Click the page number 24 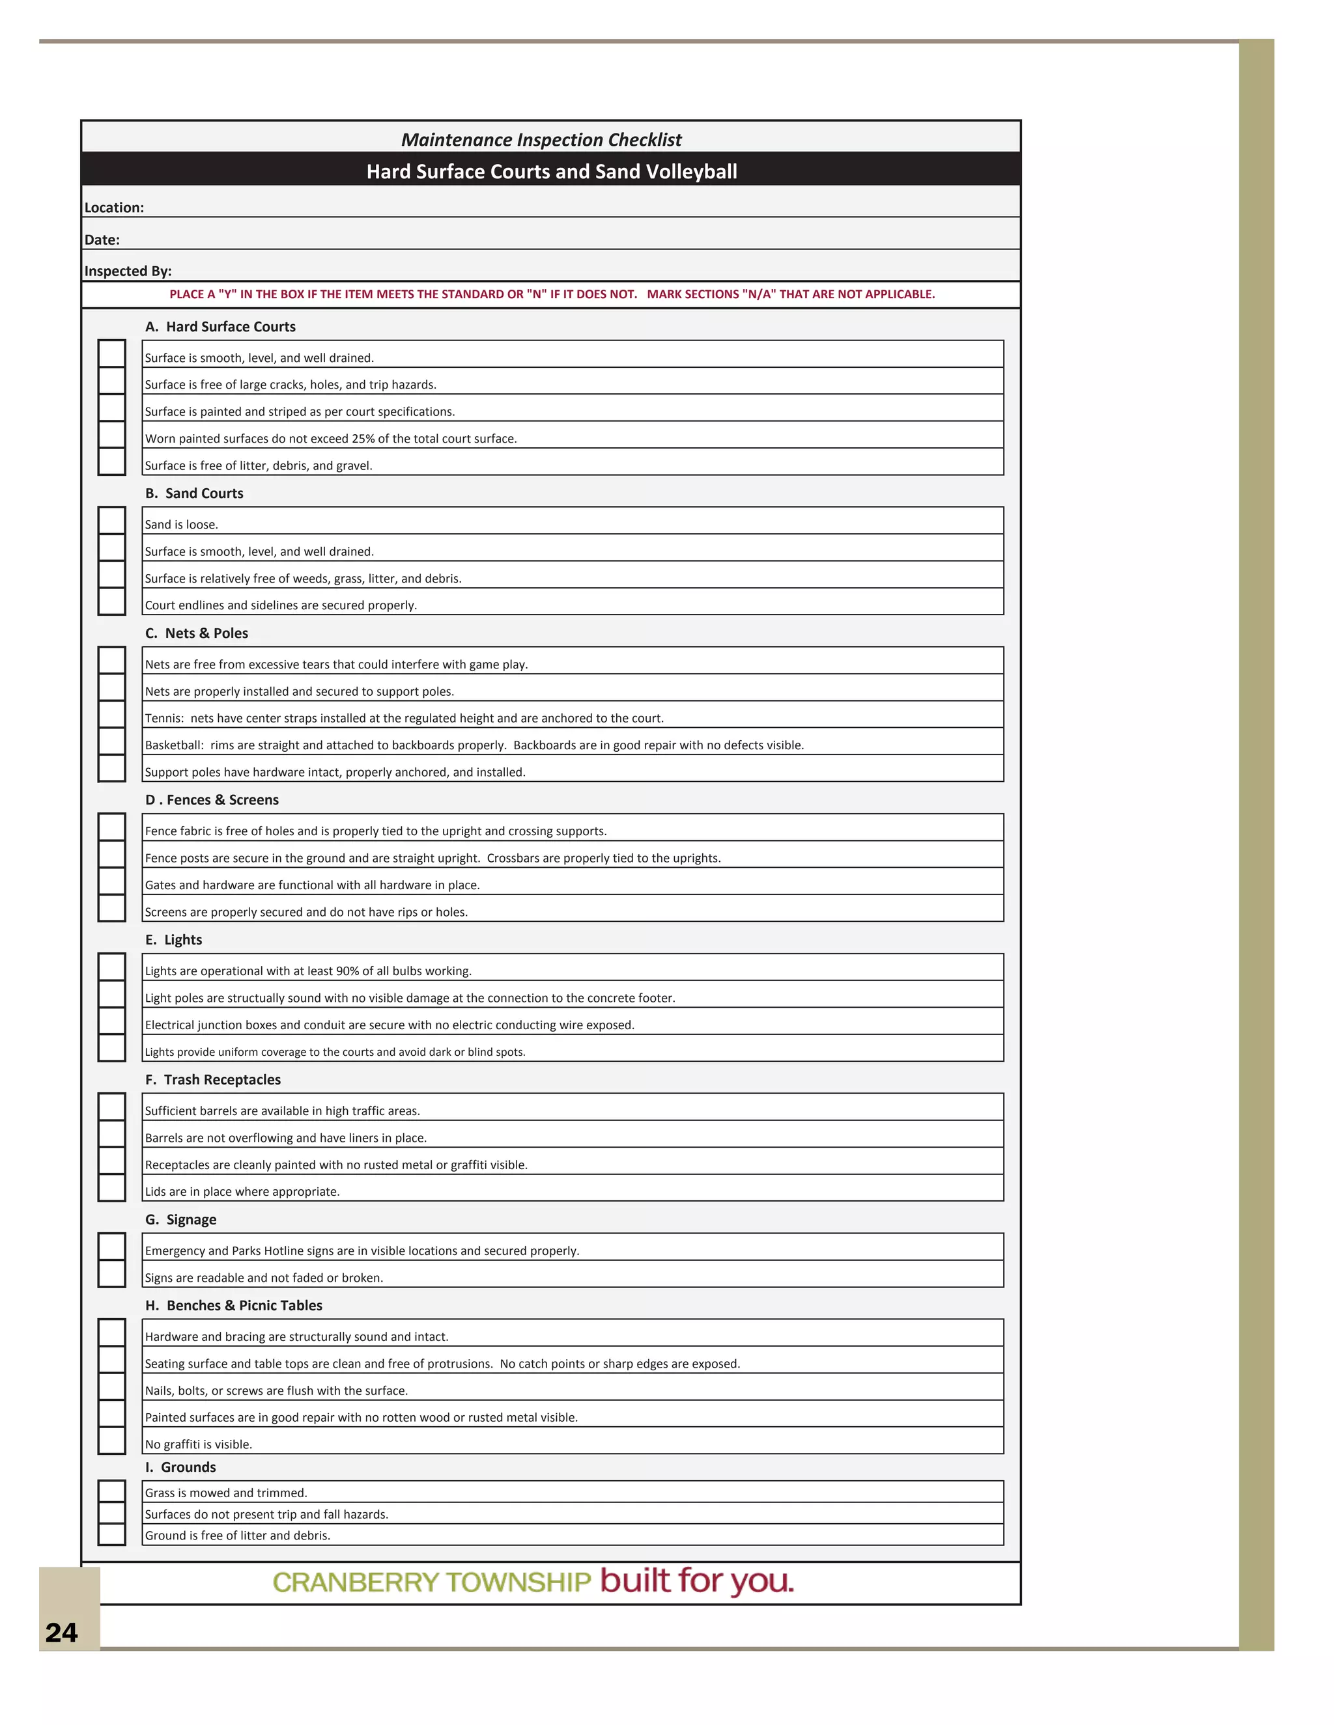pos(62,1633)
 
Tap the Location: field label pos(114,208)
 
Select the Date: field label pos(102,240)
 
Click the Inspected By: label pos(128,271)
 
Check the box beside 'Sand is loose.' pos(111,521)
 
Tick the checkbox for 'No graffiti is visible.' pos(111,1440)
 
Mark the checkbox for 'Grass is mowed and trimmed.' pos(111,1491)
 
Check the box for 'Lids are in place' pos(111,1187)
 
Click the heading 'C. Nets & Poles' pos(196,633)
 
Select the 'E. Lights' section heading pos(173,940)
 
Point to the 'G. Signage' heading pos(180,1219)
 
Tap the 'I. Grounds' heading pos(180,1467)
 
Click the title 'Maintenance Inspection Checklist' pos(541,140)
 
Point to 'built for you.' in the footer pos(696,1581)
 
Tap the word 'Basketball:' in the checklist pos(174,745)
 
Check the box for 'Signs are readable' pos(111,1273)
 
